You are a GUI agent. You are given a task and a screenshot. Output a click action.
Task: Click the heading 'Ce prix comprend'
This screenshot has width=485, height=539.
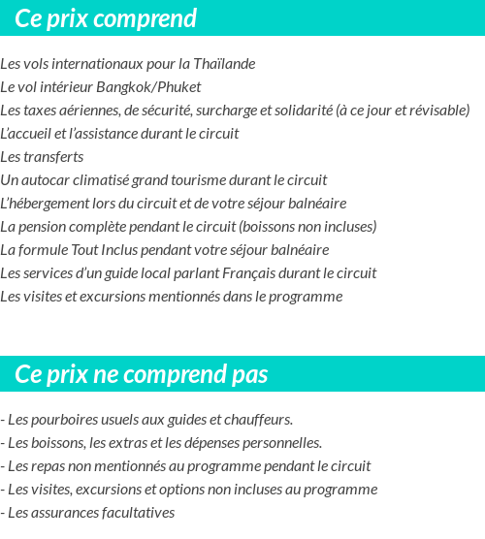point(106,18)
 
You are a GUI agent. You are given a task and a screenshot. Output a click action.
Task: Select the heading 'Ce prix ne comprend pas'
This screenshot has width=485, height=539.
point(142,374)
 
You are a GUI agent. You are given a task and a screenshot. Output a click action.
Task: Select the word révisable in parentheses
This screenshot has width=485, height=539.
point(437,111)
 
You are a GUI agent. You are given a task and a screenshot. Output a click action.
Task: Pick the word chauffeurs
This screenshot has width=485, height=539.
point(260,420)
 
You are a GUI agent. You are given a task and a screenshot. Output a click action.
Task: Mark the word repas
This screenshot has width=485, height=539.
point(50,466)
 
